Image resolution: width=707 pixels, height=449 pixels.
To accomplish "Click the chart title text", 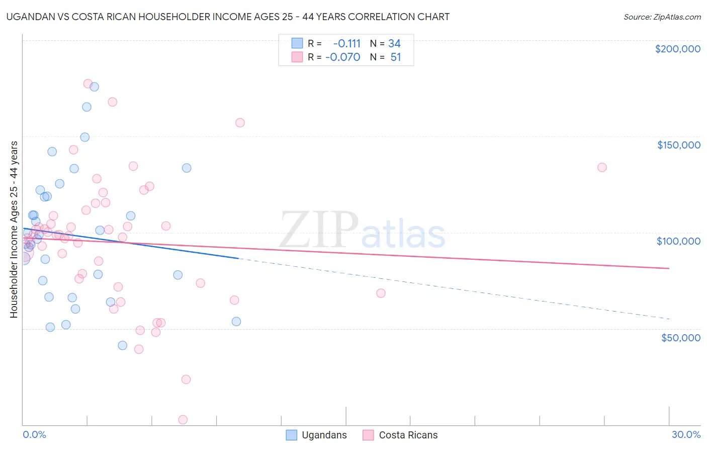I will [x=228, y=17].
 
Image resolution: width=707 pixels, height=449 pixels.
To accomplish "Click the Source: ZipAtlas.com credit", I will [x=662, y=17].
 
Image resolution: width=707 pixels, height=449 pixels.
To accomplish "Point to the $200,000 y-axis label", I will [x=677, y=49].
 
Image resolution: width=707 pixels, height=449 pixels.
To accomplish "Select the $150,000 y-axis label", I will [x=678, y=145].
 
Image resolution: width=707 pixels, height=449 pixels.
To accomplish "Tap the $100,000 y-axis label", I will [x=678, y=241].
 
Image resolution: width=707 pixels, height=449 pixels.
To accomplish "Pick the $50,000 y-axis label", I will [x=680, y=338].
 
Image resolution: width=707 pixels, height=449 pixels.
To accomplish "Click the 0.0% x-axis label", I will [x=34, y=434].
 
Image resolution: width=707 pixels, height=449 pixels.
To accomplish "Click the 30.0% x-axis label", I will [x=686, y=434].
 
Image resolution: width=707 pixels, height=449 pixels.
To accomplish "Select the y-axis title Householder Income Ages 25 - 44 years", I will [x=14, y=230].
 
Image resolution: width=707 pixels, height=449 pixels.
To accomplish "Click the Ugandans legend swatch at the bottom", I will [x=292, y=435].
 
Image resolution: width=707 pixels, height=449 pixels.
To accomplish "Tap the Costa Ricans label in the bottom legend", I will [x=408, y=435].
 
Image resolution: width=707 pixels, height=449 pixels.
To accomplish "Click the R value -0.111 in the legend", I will [x=346, y=44].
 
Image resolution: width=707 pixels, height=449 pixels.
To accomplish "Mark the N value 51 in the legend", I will [x=396, y=57].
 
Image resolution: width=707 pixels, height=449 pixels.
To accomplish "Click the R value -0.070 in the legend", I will [x=343, y=57].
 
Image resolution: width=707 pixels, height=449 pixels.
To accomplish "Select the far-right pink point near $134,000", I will [x=602, y=167].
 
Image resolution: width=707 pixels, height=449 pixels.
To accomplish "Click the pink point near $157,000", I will [x=240, y=123].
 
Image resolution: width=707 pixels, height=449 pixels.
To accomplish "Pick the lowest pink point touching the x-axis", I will [x=183, y=420].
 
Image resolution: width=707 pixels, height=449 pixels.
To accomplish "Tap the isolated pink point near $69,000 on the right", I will [x=381, y=293].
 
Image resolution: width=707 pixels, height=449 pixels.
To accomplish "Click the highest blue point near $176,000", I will [x=94, y=87].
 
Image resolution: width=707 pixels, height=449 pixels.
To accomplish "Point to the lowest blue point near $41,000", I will [x=122, y=345].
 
